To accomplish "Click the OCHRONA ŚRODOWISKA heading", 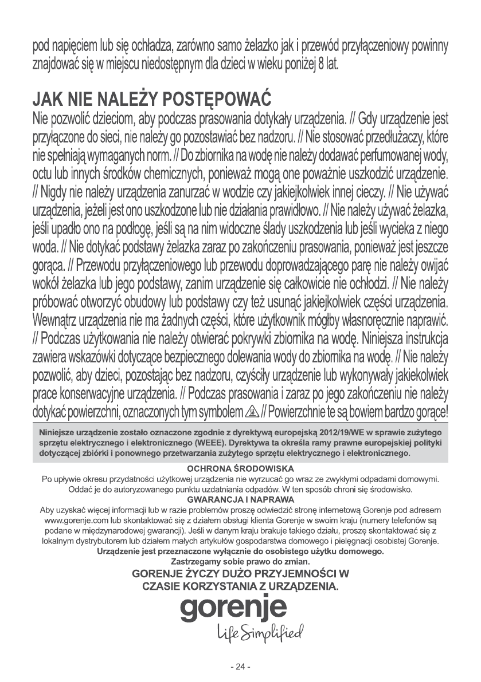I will coord(240,469).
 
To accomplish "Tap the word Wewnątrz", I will coord(60,317).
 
